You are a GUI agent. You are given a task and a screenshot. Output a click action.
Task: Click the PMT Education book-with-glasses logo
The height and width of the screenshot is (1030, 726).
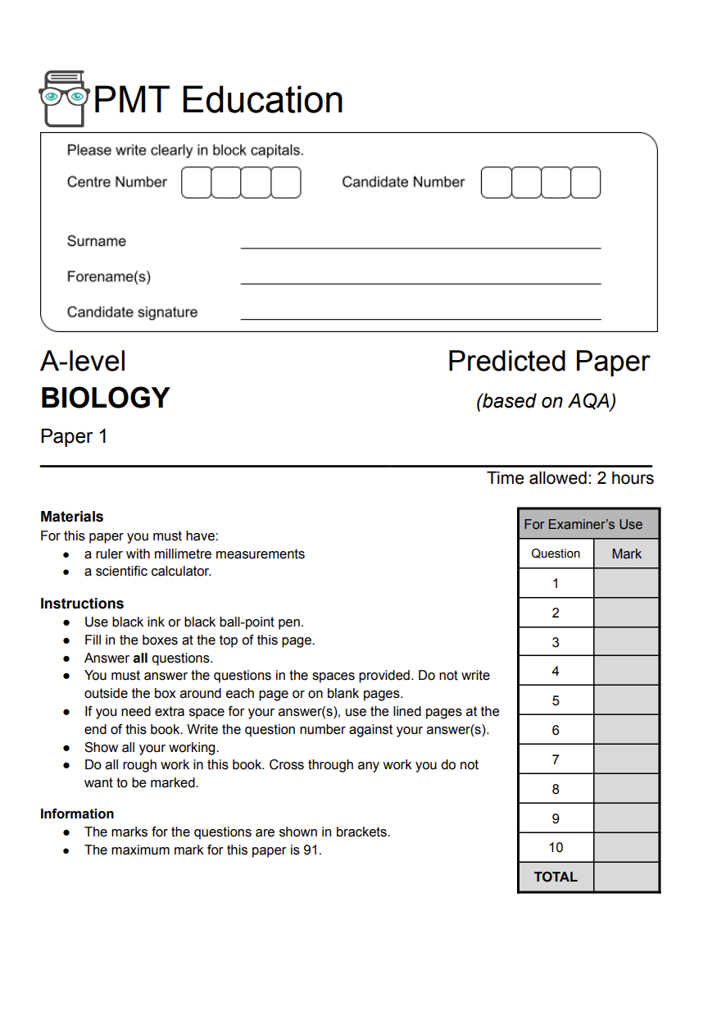(x=63, y=98)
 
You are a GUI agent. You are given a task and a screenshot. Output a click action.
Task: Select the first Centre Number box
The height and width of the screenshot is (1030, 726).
(x=196, y=182)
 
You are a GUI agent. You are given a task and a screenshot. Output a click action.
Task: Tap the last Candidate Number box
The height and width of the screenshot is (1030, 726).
(x=586, y=182)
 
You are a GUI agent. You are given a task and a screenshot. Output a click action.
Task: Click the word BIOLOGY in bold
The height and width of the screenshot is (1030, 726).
(x=105, y=398)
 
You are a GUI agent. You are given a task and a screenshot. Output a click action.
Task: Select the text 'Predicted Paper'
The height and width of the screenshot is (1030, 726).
(x=548, y=361)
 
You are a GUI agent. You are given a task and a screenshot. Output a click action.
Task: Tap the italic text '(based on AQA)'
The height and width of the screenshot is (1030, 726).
(x=546, y=401)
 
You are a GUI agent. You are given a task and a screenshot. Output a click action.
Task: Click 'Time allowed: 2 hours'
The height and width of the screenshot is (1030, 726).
(x=570, y=478)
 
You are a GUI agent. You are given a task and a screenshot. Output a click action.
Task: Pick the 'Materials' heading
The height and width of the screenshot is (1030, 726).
(x=72, y=517)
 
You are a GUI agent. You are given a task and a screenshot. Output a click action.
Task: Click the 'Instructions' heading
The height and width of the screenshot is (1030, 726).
(x=82, y=604)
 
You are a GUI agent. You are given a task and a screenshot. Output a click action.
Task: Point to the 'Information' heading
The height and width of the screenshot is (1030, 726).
(x=77, y=814)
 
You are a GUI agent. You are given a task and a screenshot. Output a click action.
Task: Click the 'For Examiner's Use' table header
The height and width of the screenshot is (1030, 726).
(x=583, y=524)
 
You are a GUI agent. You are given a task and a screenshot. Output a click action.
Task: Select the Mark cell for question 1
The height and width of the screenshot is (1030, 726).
(x=626, y=584)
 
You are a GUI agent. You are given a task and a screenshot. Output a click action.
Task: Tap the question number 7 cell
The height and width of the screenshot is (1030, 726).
(x=556, y=759)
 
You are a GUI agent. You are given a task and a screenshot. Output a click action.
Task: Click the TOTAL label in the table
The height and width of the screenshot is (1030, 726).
(x=556, y=877)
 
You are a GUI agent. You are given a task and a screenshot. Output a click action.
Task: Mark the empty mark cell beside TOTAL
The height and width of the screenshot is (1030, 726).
(x=626, y=877)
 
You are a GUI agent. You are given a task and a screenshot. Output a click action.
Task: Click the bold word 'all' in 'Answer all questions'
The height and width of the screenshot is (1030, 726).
(x=140, y=658)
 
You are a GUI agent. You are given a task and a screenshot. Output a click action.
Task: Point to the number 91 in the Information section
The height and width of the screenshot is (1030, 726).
(x=311, y=850)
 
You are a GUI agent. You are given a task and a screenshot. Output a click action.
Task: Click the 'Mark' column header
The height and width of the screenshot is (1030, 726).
(x=626, y=554)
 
